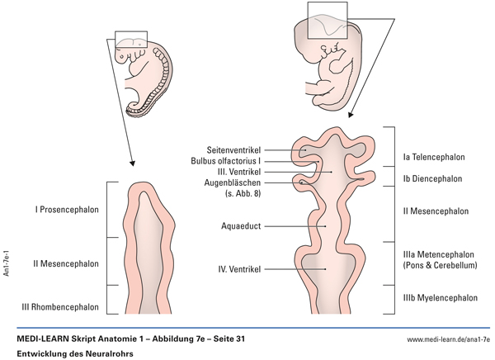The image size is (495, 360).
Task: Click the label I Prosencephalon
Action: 67,210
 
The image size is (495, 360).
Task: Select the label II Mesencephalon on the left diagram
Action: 67,264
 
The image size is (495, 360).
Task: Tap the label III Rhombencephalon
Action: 61,307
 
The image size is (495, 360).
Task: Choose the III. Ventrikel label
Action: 243,171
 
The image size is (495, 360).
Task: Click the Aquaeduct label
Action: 243,225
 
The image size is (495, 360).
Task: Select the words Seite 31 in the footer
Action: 222,339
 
